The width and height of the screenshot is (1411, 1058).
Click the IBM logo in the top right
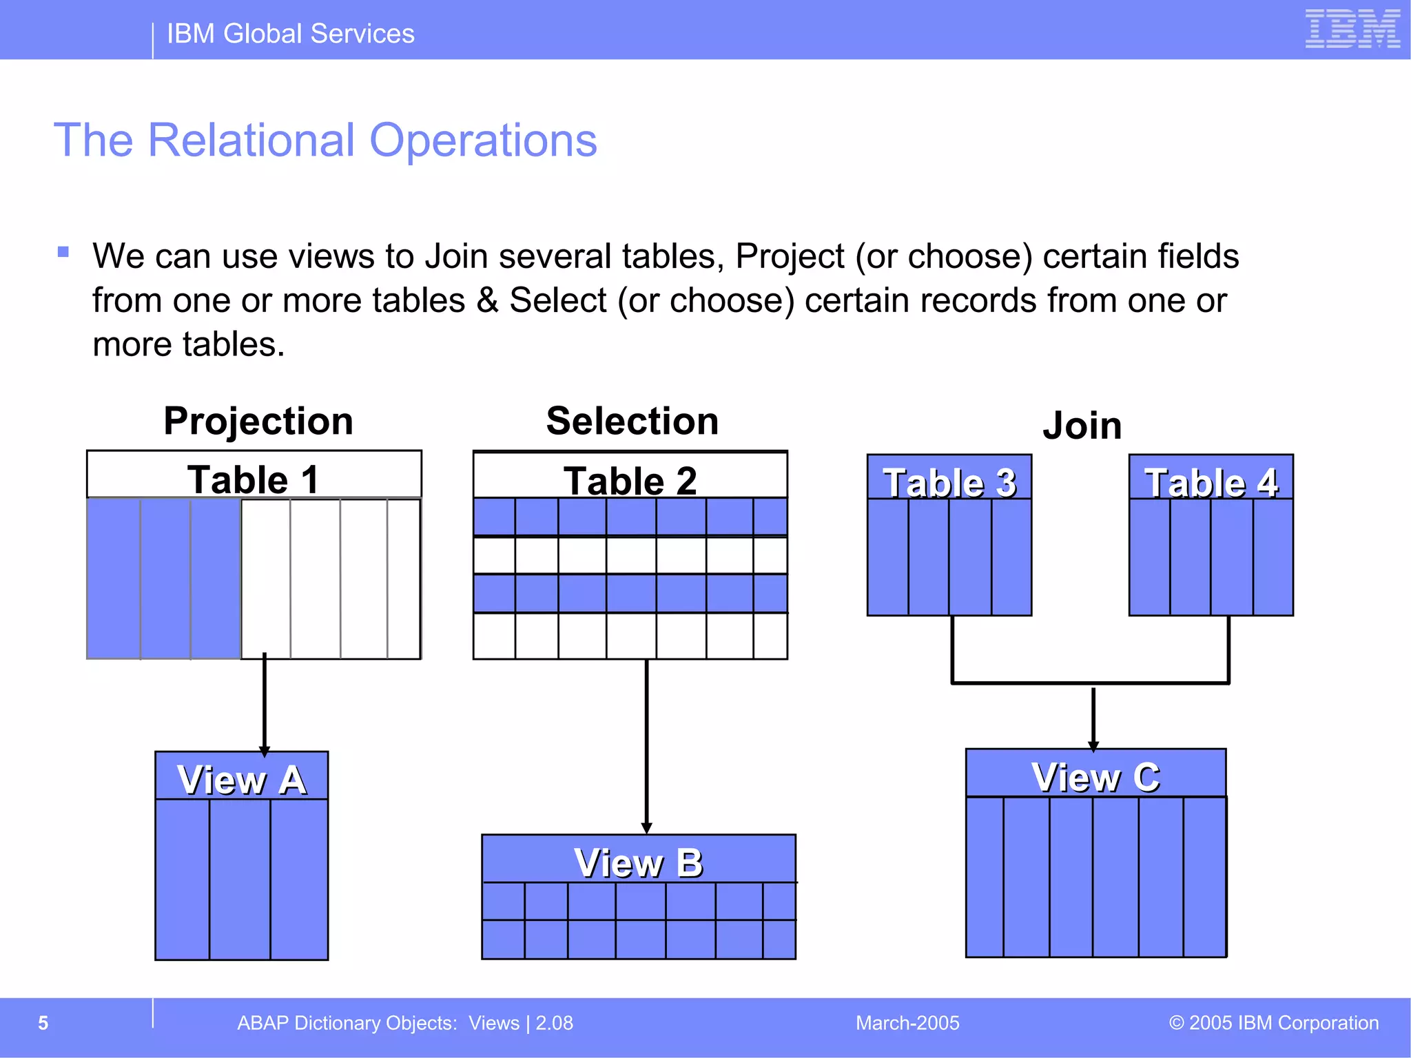tap(1352, 29)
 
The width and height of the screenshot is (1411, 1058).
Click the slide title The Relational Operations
tap(325, 141)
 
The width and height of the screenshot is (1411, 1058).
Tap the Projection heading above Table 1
tap(258, 421)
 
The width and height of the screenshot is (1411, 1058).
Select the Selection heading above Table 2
tap(632, 421)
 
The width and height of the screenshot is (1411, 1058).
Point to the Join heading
tap(1082, 425)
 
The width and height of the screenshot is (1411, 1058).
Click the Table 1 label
tap(254, 479)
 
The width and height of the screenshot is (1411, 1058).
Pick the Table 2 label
tap(630, 481)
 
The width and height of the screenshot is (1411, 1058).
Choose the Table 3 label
tap(949, 482)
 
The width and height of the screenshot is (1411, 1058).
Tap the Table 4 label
tap(1211, 482)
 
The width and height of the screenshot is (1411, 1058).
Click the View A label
tap(241, 780)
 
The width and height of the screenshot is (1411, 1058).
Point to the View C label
tap(1095, 777)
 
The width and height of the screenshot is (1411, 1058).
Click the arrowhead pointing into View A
tap(265, 751)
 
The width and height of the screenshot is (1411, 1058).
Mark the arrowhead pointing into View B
tap(646, 828)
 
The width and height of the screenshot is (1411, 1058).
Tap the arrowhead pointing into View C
tap(1093, 745)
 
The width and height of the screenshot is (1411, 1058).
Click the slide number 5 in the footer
tap(43, 1023)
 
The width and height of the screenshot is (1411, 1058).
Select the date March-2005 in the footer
tap(907, 1023)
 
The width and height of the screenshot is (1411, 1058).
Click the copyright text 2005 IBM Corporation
tap(1274, 1023)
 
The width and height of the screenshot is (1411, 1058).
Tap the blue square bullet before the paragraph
tap(63, 252)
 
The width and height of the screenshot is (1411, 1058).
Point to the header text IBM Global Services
tap(290, 34)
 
